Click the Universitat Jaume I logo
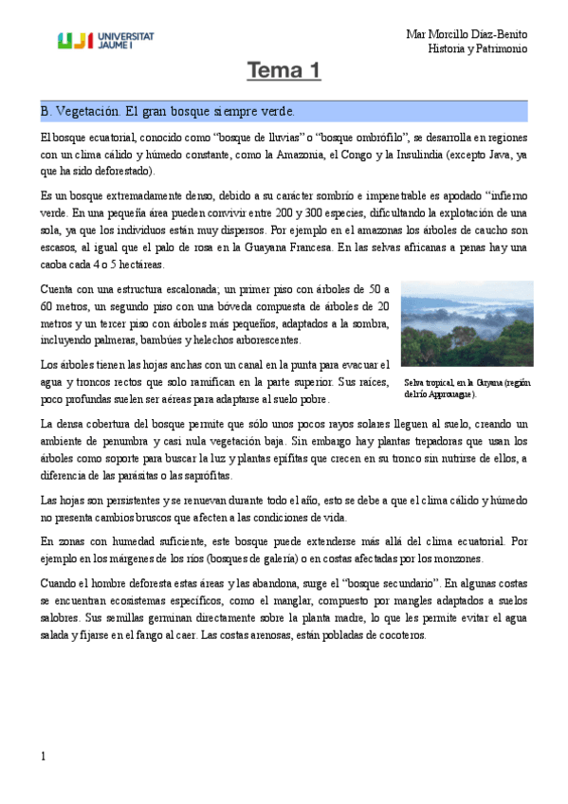[105, 40]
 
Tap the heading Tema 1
[284, 71]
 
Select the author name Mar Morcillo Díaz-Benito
[467, 34]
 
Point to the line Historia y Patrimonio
[477, 48]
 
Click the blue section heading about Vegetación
[168, 111]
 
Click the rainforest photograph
[467, 322]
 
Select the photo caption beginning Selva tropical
[466, 388]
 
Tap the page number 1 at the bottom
[44, 756]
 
